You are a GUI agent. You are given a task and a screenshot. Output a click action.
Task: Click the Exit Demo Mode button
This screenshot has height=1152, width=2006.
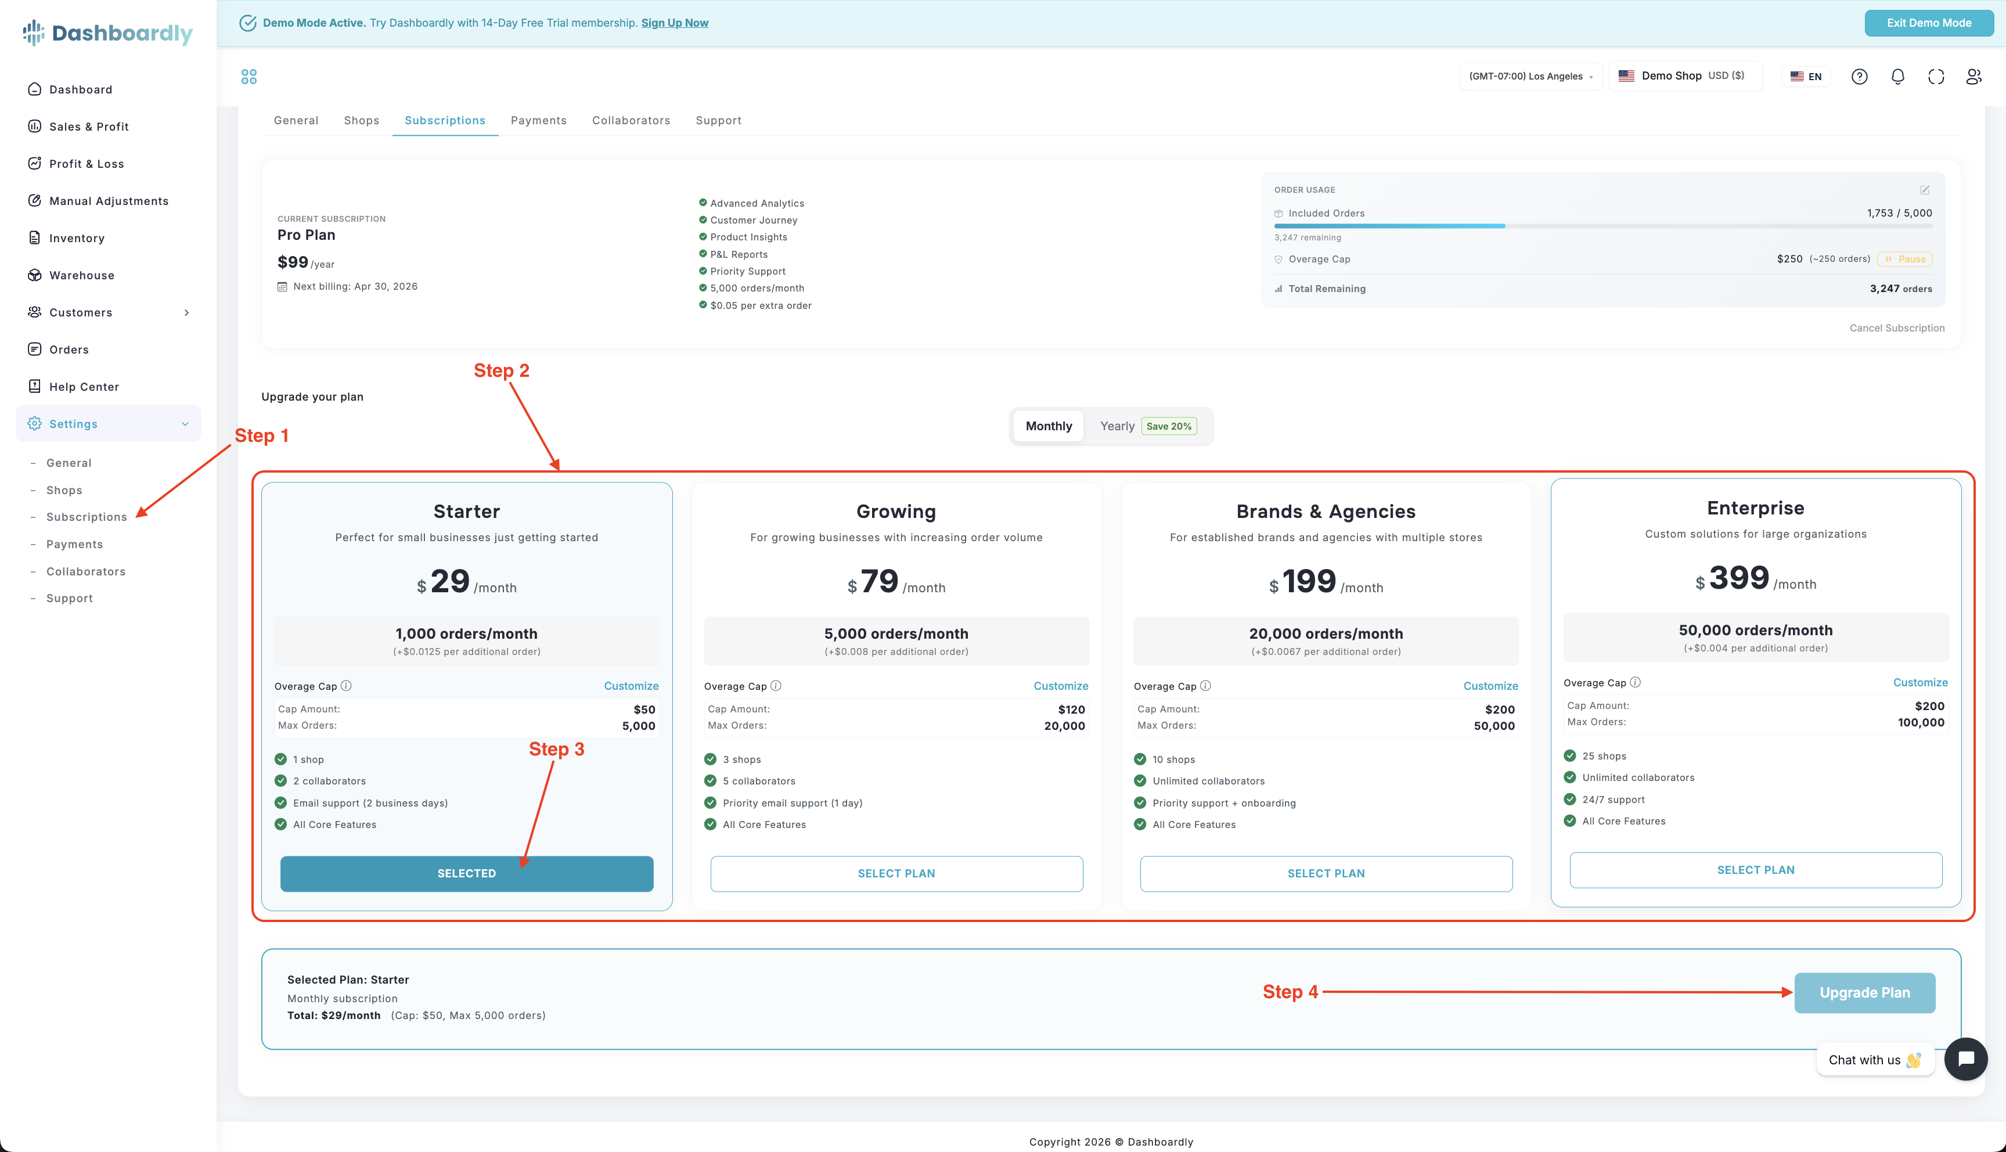(1928, 23)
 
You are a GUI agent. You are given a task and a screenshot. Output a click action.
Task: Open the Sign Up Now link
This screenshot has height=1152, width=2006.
(675, 23)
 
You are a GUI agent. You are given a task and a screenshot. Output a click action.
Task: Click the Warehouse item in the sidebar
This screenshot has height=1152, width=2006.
(81, 275)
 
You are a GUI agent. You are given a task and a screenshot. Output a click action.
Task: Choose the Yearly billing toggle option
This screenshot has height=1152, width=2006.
(1117, 426)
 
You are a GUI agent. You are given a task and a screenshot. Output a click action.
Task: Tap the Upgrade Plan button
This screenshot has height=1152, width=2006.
(1864, 992)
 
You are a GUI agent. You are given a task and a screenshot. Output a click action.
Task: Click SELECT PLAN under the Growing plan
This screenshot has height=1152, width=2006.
(896, 873)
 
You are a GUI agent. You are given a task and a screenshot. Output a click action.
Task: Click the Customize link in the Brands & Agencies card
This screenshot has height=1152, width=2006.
(1490, 686)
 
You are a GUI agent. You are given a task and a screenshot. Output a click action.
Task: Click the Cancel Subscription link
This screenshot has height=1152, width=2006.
(1897, 328)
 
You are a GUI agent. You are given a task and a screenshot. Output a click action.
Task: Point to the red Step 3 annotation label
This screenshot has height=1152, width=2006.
(556, 749)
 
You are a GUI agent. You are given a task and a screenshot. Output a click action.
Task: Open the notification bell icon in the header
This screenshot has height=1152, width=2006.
(1897, 77)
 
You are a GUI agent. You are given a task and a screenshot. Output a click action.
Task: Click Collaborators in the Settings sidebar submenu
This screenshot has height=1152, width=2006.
(85, 571)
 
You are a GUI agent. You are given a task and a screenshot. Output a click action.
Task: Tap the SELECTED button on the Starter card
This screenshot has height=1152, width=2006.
(467, 873)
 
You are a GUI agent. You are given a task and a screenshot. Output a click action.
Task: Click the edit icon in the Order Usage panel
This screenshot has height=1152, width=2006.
(1925, 190)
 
